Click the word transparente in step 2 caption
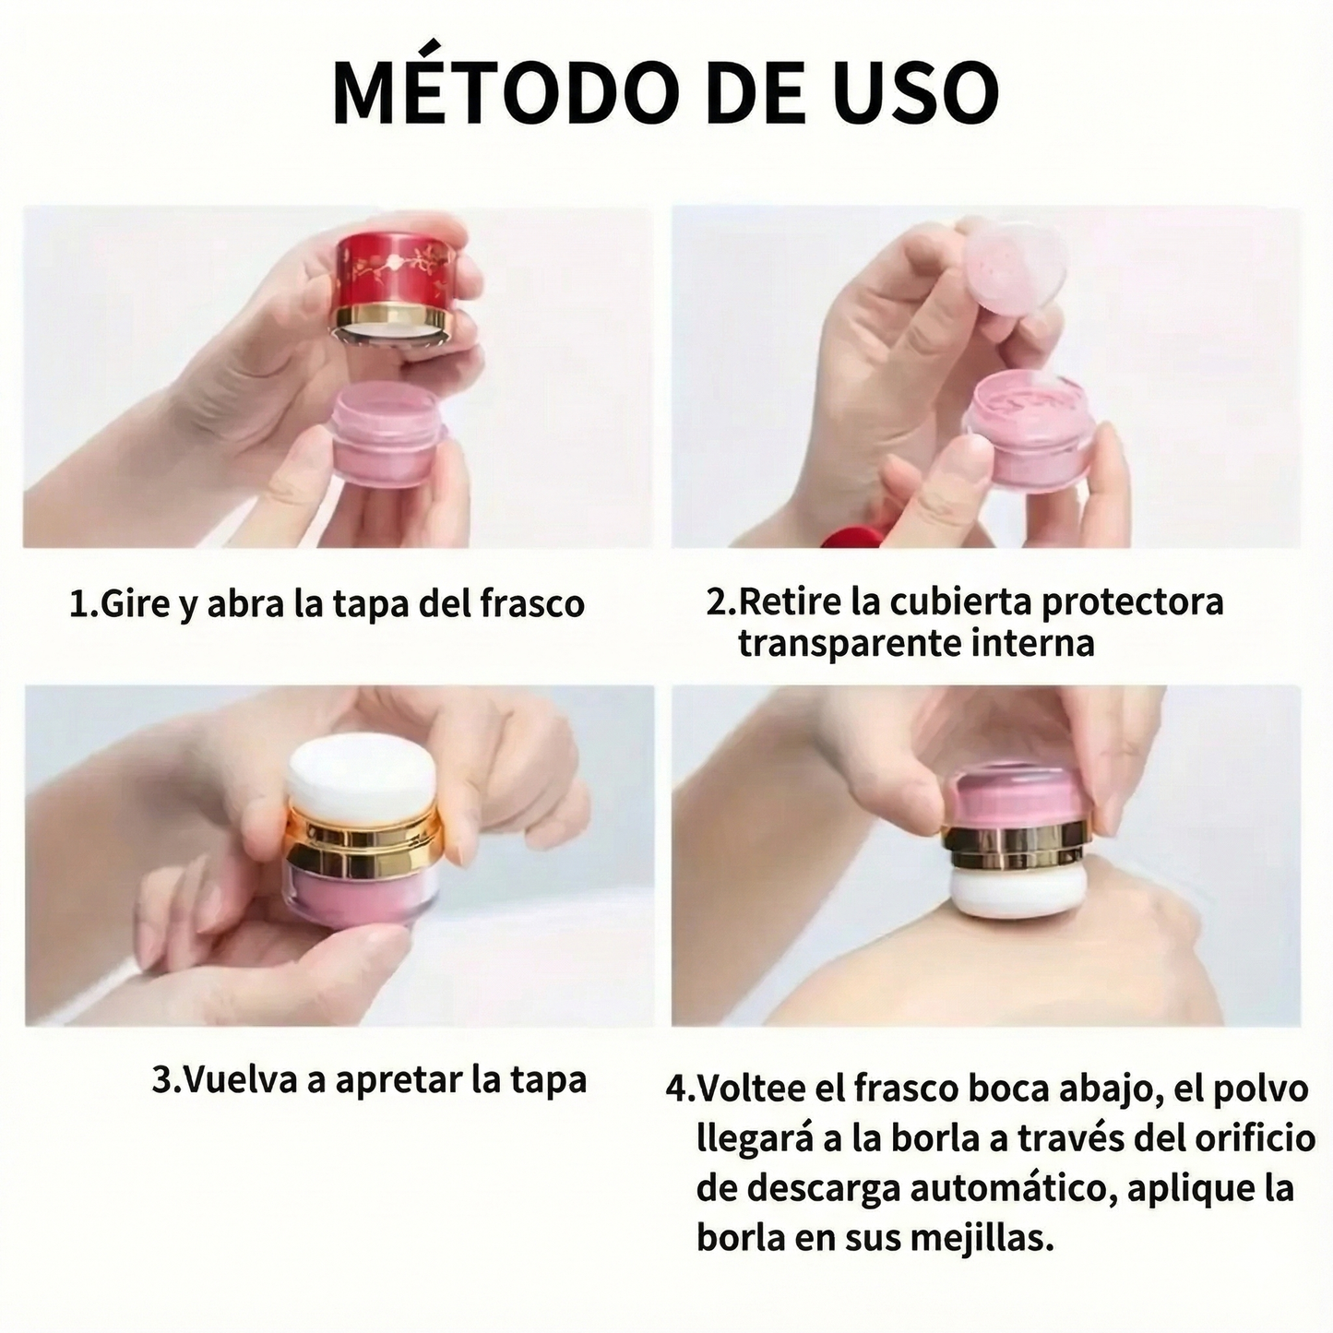[x=836, y=643]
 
